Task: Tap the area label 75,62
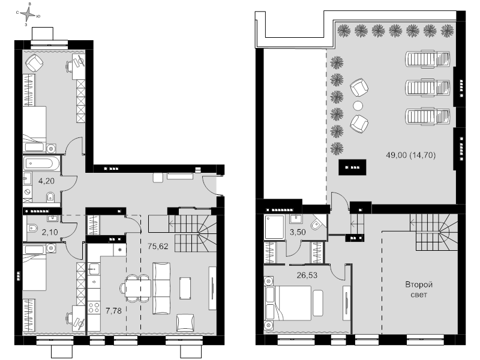coord(158,246)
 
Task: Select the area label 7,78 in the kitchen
coord(113,311)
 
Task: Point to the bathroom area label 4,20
coord(46,181)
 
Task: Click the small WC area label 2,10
coord(50,232)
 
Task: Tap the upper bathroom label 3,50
coord(298,232)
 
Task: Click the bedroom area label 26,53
coord(307,275)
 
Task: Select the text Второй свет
coord(419,290)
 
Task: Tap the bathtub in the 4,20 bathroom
coord(41,164)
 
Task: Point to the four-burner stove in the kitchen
coord(94,307)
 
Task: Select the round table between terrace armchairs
coord(358,106)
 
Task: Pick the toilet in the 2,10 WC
coord(32,228)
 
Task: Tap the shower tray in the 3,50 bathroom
coord(275,227)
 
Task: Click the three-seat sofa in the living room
coord(161,288)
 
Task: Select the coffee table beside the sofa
coord(185,288)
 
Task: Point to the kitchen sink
coord(94,269)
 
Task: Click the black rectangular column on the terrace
coord(352,167)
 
